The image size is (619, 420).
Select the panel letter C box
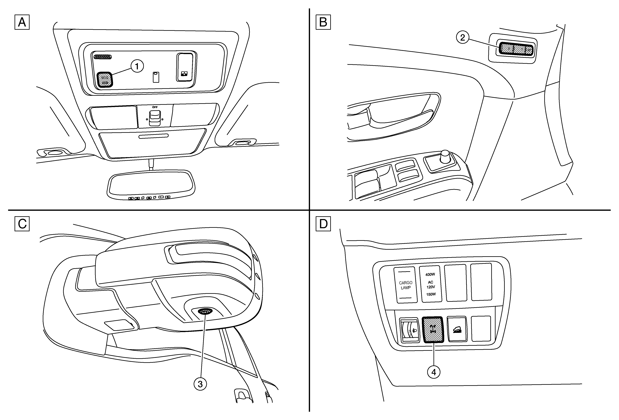[22, 224]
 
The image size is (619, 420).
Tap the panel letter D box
[323, 224]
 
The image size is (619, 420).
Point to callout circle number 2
[463, 37]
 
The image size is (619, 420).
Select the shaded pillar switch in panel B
[516, 49]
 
